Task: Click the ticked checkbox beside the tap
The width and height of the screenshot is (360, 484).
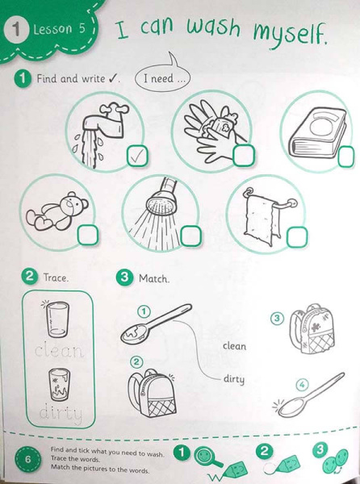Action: click(137, 156)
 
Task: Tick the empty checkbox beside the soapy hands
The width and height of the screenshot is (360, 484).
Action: click(244, 155)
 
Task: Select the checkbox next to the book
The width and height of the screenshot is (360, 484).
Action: click(345, 156)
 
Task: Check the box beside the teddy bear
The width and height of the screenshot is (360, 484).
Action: click(88, 236)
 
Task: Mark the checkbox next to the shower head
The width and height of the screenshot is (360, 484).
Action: click(190, 236)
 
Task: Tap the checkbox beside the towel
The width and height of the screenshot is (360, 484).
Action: click(297, 237)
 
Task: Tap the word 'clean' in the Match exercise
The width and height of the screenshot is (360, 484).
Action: click(235, 346)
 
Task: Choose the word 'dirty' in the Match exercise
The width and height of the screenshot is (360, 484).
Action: click(234, 379)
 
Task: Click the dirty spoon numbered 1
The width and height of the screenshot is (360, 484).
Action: click(156, 323)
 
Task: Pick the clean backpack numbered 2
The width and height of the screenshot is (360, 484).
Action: click(152, 394)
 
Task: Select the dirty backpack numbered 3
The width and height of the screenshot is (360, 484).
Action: click(312, 329)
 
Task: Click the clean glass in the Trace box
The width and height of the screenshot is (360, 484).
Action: click(57, 319)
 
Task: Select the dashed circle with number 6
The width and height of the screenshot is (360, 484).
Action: click(27, 459)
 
